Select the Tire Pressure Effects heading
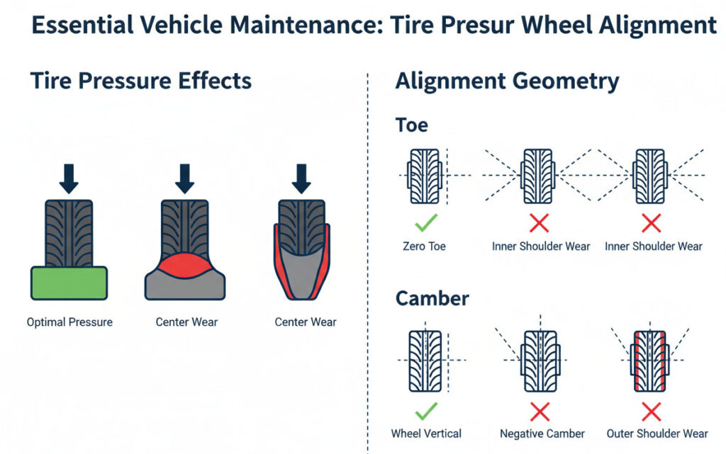coord(140,81)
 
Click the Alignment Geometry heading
coord(507,81)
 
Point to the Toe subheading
coord(411,125)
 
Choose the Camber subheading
coord(431,298)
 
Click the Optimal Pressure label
coord(69,322)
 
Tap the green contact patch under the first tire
coord(68,283)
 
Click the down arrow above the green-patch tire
coord(69,178)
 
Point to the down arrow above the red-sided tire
coord(302,178)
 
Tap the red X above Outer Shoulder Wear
coord(651,410)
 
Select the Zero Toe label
coord(425,246)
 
